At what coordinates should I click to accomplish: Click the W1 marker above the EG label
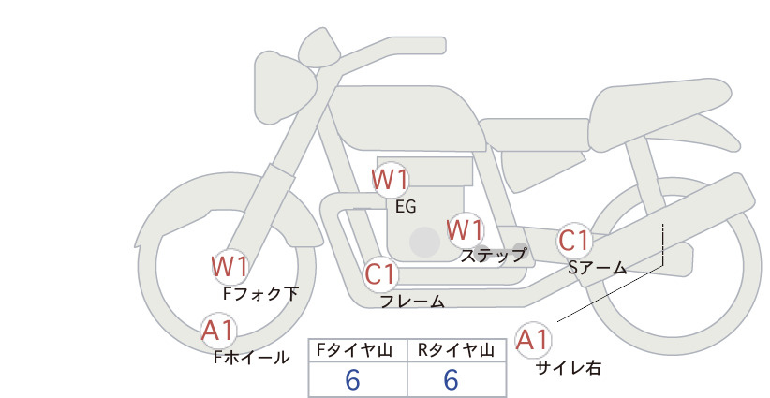(390, 180)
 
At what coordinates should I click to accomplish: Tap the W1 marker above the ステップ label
(465, 230)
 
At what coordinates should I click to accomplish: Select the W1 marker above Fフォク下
(230, 267)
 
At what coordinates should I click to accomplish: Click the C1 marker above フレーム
(380, 273)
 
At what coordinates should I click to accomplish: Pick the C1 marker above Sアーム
(573, 241)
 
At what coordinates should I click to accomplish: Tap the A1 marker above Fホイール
(218, 331)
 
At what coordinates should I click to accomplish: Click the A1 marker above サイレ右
(532, 340)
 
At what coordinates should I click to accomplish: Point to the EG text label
(407, 207)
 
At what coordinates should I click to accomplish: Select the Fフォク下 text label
(260, 293)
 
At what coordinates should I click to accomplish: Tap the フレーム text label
(413, 301)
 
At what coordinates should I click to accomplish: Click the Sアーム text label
(598, 268)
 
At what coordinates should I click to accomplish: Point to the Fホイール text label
(252, 358)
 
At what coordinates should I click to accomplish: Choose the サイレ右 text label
(569, 368)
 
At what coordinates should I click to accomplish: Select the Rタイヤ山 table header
(455, 350)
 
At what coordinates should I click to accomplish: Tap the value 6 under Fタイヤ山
(352, 380)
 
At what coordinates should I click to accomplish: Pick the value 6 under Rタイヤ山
(451, 380)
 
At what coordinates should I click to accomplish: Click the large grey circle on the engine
(424, 242)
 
